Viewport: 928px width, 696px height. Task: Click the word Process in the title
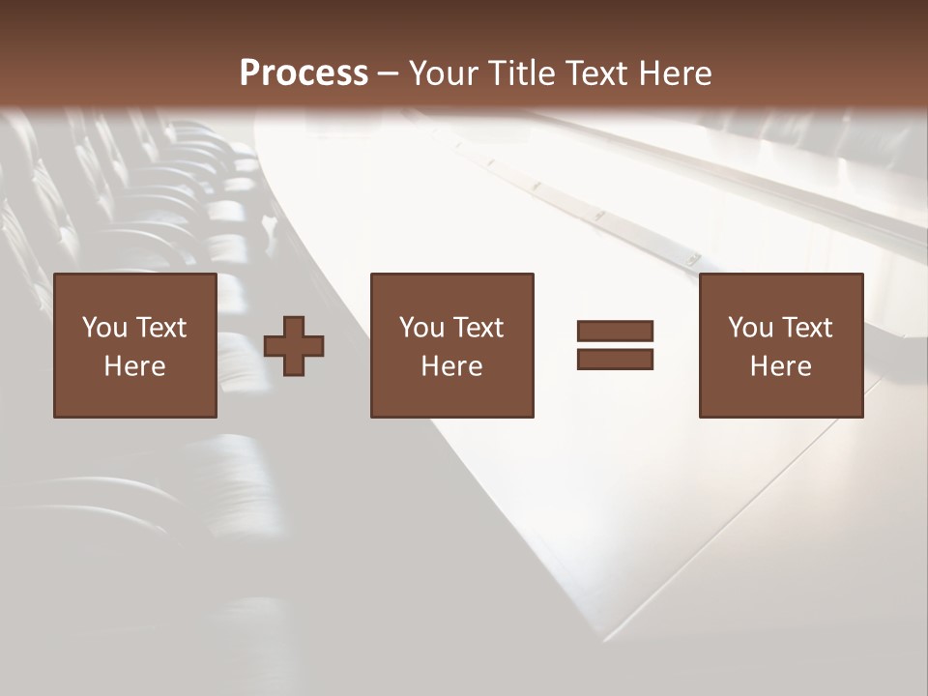pos(304,73)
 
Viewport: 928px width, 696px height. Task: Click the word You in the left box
pos(104,328)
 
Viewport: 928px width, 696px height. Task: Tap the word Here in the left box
pos(134,366)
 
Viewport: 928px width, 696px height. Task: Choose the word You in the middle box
pos(421,328)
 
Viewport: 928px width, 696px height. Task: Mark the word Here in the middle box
pos(451,366)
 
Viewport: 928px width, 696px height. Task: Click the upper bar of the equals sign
pos(615,332)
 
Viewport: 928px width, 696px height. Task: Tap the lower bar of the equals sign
pos(615,360)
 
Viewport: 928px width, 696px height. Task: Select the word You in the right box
pos(750,328)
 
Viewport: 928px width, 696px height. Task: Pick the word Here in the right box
pos(780,366)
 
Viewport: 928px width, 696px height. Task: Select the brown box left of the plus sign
pos(134,290)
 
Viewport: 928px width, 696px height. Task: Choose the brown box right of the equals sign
pos(780,290)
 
